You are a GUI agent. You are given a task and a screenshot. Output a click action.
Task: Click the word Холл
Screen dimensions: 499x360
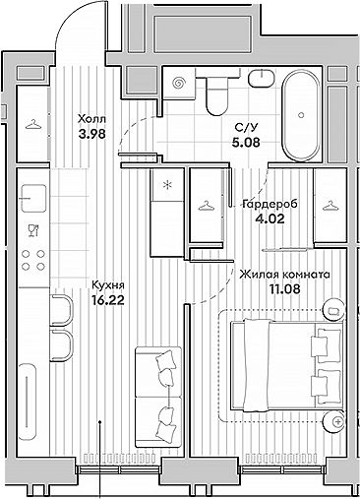(91, 120)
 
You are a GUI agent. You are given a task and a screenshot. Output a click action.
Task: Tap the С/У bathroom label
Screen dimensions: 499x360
(246, 127)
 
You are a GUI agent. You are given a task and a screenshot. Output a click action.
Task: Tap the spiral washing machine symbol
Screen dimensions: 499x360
(177, 85)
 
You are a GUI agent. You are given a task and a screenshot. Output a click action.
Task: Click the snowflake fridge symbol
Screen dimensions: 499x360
(167, 184)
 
